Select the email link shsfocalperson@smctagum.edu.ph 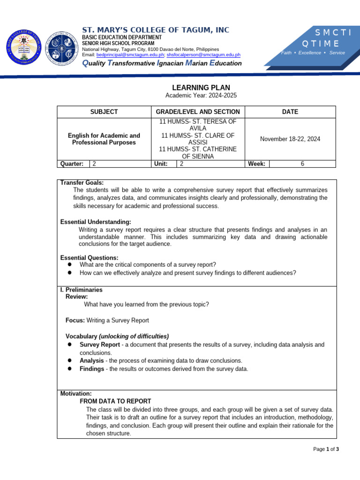(203, 55)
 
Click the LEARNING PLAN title (201, 87)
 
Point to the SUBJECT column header (104, 112)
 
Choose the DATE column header (290, 112)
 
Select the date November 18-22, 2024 (290, 139)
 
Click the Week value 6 (302, 164)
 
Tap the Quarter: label (72, 164)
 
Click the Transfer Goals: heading (82, 182)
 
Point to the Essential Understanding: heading (96, 222)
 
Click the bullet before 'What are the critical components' (69, 264)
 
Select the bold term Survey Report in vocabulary (100, 345)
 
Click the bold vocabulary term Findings (92, 368)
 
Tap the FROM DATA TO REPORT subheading (115, 401)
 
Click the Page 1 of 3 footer (326, 449)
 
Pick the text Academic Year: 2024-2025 (201, 96)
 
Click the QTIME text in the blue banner (321, 44)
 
